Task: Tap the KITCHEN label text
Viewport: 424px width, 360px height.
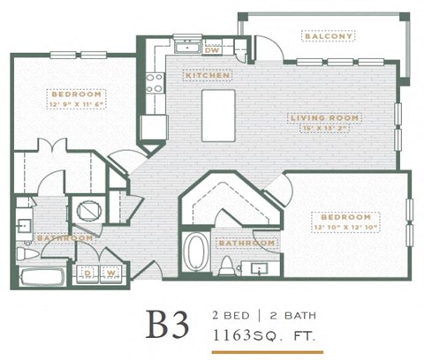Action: pos(208,76)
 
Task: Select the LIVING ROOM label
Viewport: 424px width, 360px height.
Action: pos(316,116)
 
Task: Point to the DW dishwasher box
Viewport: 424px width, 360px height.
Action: pos(212,50)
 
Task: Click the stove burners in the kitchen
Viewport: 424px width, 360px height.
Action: pos(155,83)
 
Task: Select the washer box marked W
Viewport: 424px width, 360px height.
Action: pos(112,274)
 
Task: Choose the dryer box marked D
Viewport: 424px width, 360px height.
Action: pos(89,274)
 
